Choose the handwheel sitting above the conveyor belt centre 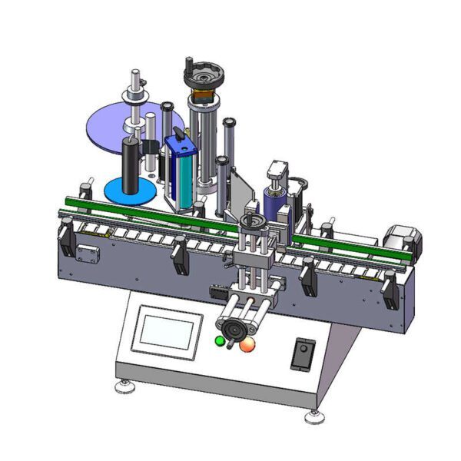pyautogui.click(x=254, y=224)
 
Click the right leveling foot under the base pyautogui.click(x=313, y=419)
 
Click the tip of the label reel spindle pyautogui.click(x=134, y=74)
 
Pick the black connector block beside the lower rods pyautogui.click(x=217, y=293)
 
